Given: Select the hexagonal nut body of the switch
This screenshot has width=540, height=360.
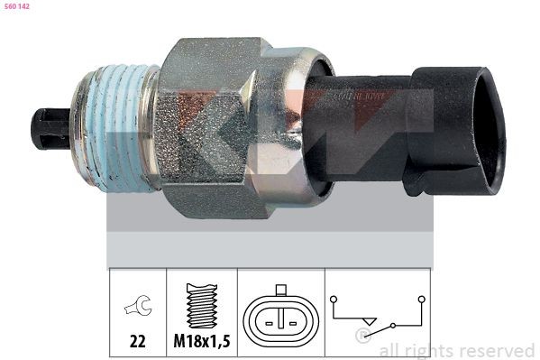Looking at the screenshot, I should [212, 126].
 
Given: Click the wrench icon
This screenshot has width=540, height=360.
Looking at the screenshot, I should [139, 308].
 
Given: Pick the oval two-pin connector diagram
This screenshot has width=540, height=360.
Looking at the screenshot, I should [281, 318].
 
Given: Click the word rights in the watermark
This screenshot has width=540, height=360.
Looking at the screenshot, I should [432, 351].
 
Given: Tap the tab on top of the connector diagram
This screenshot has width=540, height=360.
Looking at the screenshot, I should [281, 290].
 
